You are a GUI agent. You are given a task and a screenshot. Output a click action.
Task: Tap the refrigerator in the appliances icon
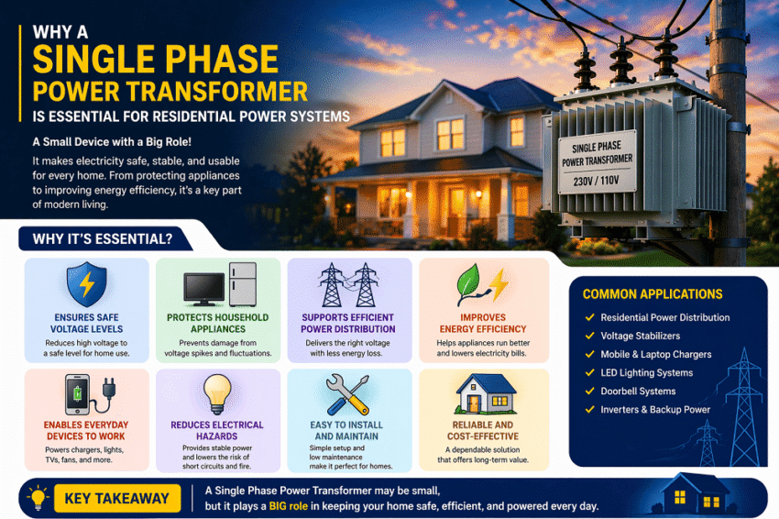tap(243, 283)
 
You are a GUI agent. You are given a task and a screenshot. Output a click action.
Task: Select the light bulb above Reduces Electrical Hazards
tap(216, 392)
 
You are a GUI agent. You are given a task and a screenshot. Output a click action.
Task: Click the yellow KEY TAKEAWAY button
tap(117, 498)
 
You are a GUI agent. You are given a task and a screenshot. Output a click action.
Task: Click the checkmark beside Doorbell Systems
tap(589, 392)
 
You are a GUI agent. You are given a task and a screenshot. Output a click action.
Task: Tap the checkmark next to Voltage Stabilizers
tap(589, 337)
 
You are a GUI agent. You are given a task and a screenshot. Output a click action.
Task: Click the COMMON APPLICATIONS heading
tap(653, 294)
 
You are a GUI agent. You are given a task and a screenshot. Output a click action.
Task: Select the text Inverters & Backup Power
tap(655, 410)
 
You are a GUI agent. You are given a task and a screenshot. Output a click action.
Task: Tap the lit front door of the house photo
tap(455, 204)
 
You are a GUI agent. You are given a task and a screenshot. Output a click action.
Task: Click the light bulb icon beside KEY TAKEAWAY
tap(38, 498)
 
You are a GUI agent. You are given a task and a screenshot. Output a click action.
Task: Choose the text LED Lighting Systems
tap(646, 373)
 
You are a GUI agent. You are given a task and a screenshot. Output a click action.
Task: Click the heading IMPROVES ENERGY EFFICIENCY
tap(483, 323)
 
